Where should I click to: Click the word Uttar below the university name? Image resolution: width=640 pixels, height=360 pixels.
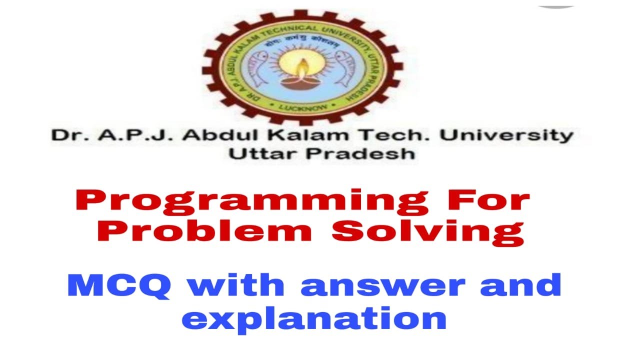pyautogui.click(x=263, y=154)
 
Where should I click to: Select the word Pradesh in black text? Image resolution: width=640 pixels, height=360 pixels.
pyautogui.click(x=360, y=154)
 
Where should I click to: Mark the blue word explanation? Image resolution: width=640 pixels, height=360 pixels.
pyautogui.click(x=313, y=318)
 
